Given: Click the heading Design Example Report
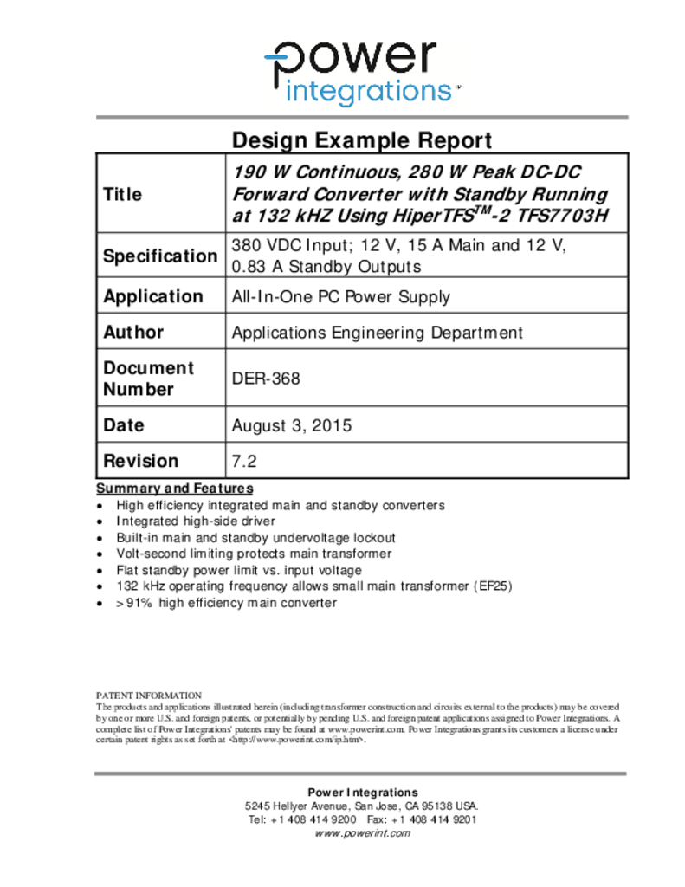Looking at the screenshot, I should tap(362, 140).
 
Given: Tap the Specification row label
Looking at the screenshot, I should tap(160, 256).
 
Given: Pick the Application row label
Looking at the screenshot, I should tap(153, 296).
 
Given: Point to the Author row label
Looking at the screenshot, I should tap(133, 332).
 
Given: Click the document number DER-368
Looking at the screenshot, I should tap(266, 379).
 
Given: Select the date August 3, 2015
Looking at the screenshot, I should tap(292, 425).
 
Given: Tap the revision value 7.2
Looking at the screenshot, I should tap(244, 461).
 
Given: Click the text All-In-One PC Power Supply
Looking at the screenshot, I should tap(340, 296).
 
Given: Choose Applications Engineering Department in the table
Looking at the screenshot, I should tap(378, 332).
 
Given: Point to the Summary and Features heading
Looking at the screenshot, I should tap(174, 489).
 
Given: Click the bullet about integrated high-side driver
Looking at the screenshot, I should tap(196, 521).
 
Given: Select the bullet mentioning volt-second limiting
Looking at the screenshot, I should tap(254, 553).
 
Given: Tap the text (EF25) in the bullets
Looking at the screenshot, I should tap(493, 586).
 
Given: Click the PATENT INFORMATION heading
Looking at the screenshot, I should tap(148, 695).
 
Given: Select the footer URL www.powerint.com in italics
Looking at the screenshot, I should tap(362, 832).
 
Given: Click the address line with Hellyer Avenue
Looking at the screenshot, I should tap(362, 806).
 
